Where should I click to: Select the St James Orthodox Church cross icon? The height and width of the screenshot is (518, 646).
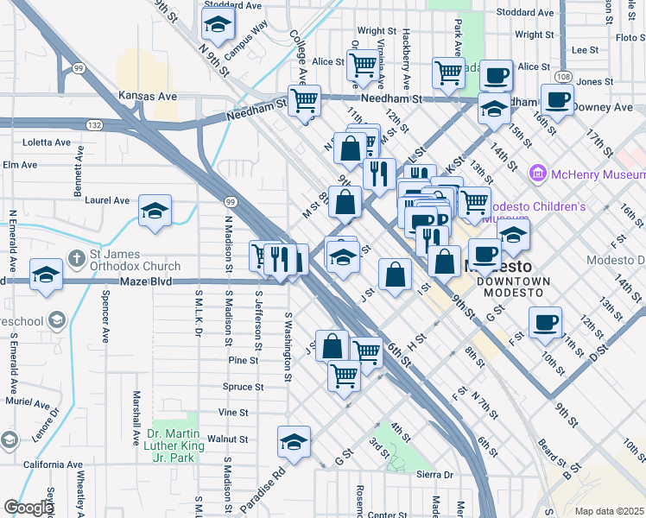coord(76,257)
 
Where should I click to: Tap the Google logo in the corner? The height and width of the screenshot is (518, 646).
coord(28,508)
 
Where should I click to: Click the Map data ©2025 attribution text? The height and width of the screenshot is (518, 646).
coord(609,511)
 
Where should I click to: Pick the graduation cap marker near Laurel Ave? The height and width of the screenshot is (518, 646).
coord(155,211)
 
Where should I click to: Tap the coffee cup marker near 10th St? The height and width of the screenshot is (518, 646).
coord(545,323)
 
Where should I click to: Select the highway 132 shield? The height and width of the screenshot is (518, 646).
coord(95,125)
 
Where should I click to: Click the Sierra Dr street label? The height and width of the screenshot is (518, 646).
coord(434,475)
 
